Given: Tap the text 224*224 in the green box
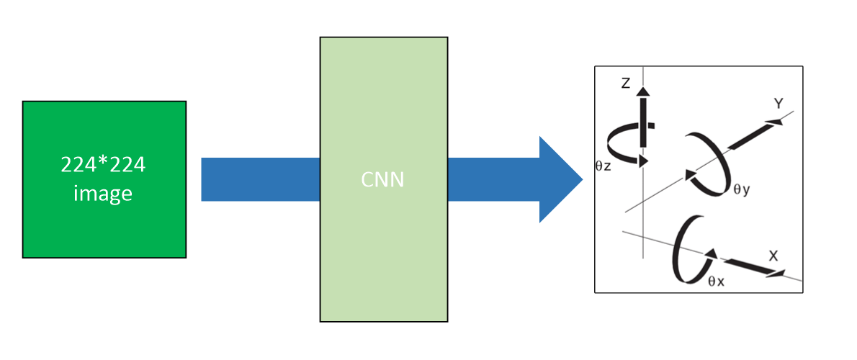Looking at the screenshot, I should [104, 166].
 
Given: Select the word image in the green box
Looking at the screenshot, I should [104, 193].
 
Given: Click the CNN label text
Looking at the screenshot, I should [382, 179].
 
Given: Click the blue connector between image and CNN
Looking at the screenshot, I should [260, 179].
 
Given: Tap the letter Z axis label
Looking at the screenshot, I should [625, 84].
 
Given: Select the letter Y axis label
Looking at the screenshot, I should [779, 104].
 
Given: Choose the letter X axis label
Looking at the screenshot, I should [773, 256].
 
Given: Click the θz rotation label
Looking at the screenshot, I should [604, 166].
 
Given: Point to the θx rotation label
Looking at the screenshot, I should [716, 282].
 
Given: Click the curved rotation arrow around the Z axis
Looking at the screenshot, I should [624, 144].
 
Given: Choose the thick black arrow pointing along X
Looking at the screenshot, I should [753, 266].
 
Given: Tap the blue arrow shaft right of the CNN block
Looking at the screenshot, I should [490, 179].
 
